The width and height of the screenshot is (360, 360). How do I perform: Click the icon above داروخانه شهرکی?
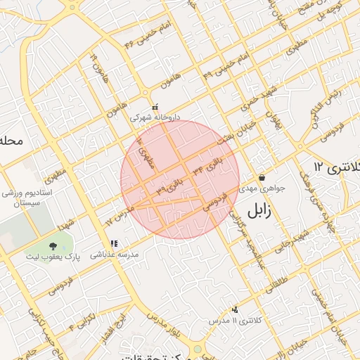[155, 108]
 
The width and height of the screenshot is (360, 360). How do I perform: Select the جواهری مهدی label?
[262, 188]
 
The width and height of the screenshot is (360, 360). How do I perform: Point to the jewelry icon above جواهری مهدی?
[262, 178]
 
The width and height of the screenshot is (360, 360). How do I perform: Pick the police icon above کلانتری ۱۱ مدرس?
[235, 309]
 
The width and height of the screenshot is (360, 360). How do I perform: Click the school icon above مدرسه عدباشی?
[114, 244]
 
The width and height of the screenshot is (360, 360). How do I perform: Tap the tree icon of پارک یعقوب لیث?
[53, 245]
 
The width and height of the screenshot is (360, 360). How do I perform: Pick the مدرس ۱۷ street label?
[119, 215]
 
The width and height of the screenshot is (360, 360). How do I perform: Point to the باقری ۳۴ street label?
[211, 165]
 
